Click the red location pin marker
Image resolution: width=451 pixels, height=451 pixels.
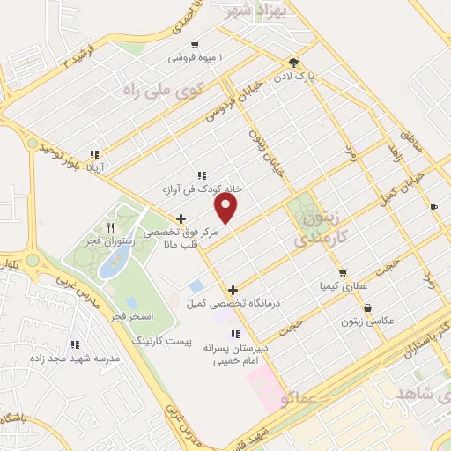[226, 208]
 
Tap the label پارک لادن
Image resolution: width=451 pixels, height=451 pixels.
[317, 77]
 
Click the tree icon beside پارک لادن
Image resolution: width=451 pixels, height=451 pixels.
[293, 62]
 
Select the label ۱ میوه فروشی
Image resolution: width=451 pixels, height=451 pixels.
[196, 59]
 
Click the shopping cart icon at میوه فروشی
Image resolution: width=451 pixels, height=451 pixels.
[195, 44]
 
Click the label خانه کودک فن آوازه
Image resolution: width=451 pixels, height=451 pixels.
[202, 189]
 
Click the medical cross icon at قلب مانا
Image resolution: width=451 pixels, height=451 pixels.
[181, 218]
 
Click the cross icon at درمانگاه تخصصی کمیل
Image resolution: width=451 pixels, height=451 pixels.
[233, 290]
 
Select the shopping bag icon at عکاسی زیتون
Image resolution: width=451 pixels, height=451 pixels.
[367, 308]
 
